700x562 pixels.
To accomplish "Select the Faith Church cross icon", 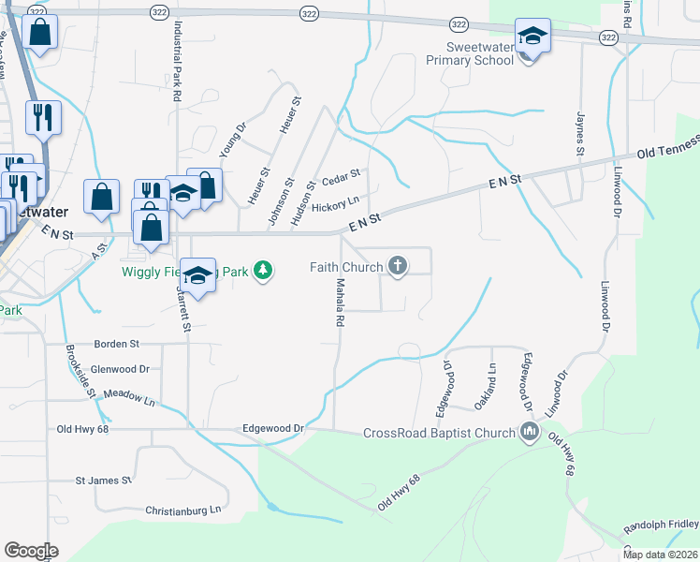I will pos(398,267).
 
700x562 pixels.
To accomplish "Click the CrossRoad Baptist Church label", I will pos(439,433).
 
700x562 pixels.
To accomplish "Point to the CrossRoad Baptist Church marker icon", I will pos(530,433).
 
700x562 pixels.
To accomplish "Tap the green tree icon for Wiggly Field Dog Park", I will pos(265,272).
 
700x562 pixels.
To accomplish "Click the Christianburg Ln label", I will pos(182,510).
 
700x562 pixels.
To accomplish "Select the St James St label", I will pos(103,481).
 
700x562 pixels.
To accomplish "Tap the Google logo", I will pos(31,551).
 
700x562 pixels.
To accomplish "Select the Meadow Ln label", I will pos(129,398).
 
